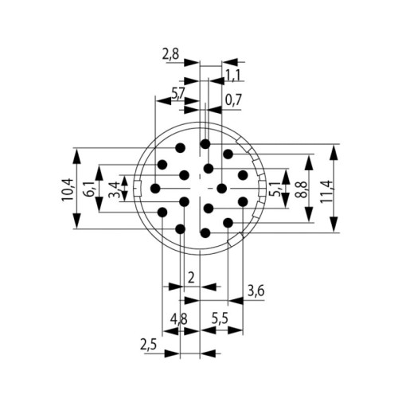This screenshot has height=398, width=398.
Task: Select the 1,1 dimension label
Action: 234,75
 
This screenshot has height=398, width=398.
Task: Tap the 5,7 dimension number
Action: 180,94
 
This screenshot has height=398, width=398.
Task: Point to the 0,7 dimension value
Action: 234,101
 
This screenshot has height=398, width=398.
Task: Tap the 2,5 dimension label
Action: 147,345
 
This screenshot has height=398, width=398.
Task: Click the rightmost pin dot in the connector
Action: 244,174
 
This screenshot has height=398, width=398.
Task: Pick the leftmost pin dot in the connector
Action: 154,189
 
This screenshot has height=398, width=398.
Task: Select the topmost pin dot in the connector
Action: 205,143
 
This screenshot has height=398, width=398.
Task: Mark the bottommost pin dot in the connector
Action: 205,232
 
